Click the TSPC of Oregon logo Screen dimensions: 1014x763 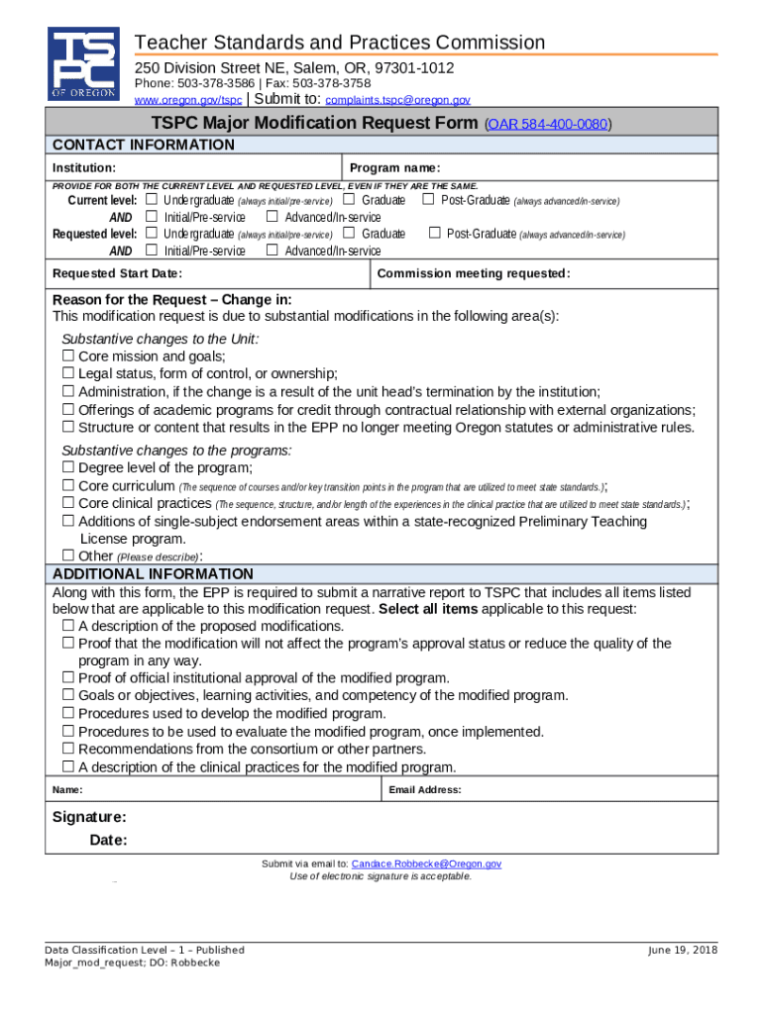83,63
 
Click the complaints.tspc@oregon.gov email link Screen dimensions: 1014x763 397,100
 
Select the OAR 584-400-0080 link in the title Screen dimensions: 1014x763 547,125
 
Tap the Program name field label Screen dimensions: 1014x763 394,168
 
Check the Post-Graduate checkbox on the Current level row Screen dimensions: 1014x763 429,200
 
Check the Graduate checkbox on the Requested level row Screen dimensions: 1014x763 349,234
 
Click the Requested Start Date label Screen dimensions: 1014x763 117,274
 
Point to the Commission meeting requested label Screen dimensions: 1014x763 474,274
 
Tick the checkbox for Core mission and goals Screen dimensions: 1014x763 68,356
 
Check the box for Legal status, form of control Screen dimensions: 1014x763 68,374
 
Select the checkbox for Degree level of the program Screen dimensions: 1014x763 68,467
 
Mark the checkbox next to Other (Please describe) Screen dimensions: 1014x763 68,557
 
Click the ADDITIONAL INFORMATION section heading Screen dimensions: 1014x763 153,574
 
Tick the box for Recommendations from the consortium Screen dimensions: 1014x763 68,750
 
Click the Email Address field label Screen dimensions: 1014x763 425,790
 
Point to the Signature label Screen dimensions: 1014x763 89,817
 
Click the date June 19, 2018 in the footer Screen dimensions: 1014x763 683,950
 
